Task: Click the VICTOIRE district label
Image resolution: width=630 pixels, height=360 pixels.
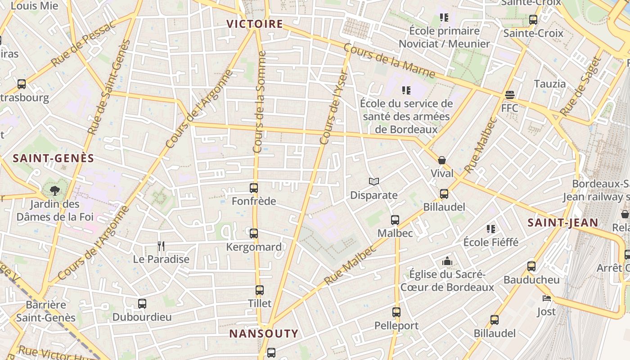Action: (255, 24)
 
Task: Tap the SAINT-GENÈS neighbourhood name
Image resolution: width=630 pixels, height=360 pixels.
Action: (54, 158)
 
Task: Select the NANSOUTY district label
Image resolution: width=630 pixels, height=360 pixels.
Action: (264, 333)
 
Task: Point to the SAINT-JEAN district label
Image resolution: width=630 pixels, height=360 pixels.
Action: (562, 223)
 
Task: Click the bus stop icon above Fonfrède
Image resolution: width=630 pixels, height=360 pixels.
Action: (254, 188)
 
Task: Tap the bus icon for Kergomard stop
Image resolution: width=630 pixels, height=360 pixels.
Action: (254, 234)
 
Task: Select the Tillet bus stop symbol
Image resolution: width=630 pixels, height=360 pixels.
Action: (259, 290)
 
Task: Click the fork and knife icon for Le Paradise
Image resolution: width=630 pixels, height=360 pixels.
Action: (161, 246)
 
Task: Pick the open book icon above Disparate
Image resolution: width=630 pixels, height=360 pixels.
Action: (373, 181)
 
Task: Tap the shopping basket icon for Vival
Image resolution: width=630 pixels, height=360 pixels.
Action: (442, 160)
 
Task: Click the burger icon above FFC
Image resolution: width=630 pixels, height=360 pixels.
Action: (509, 95)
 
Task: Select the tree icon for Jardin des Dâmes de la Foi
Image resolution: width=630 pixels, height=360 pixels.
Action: (55, 191)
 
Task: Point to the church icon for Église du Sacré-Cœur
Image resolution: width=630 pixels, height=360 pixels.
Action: (447, 261)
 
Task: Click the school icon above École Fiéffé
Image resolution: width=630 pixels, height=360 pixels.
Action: (491, 229)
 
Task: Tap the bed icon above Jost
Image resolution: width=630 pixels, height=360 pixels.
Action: (546, 298)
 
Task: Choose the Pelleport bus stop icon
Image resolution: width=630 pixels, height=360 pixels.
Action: (396, 312)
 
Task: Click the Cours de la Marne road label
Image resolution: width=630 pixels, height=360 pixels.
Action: (389, 61)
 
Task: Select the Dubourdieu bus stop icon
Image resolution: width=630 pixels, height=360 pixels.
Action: (142, 304)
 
